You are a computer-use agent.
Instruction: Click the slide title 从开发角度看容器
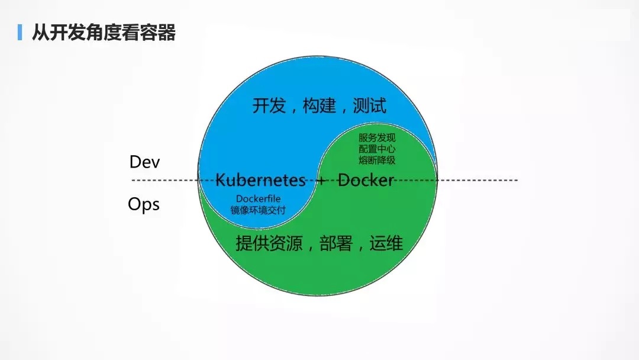[x=104, y=33]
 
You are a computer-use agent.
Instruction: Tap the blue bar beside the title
[x=20, y=32]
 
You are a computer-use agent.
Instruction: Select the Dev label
[x=145, y=162]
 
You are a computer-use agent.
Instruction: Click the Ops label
[x=143, y=204]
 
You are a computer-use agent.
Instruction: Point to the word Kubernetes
[x=260, y=180]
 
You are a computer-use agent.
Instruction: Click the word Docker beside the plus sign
[x=366, y=180]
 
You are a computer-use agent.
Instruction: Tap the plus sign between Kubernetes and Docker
[x=321, y=180]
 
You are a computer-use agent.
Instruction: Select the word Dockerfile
[x=259, y=198]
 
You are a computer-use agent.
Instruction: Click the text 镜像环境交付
[x=258, y=210]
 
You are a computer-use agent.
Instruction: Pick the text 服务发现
[x=377, y=138]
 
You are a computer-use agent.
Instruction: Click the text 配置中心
[x=377, y=149]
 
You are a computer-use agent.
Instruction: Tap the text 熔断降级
[x=377, y=160]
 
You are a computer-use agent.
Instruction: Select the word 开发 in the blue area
[x=269, y=105]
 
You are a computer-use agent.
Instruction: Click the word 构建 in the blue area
[x=319, y=105]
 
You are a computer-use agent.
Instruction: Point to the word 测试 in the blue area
[x=370, y=105]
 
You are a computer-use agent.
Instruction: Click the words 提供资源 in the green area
[x=269, y=243]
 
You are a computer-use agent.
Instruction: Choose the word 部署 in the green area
[x=336, y=243]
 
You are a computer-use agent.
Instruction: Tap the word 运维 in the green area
[x=386, y=243]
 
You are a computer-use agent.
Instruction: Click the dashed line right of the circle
[x=477, y=180]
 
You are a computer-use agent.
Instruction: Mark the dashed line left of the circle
[x=164, y=180]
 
